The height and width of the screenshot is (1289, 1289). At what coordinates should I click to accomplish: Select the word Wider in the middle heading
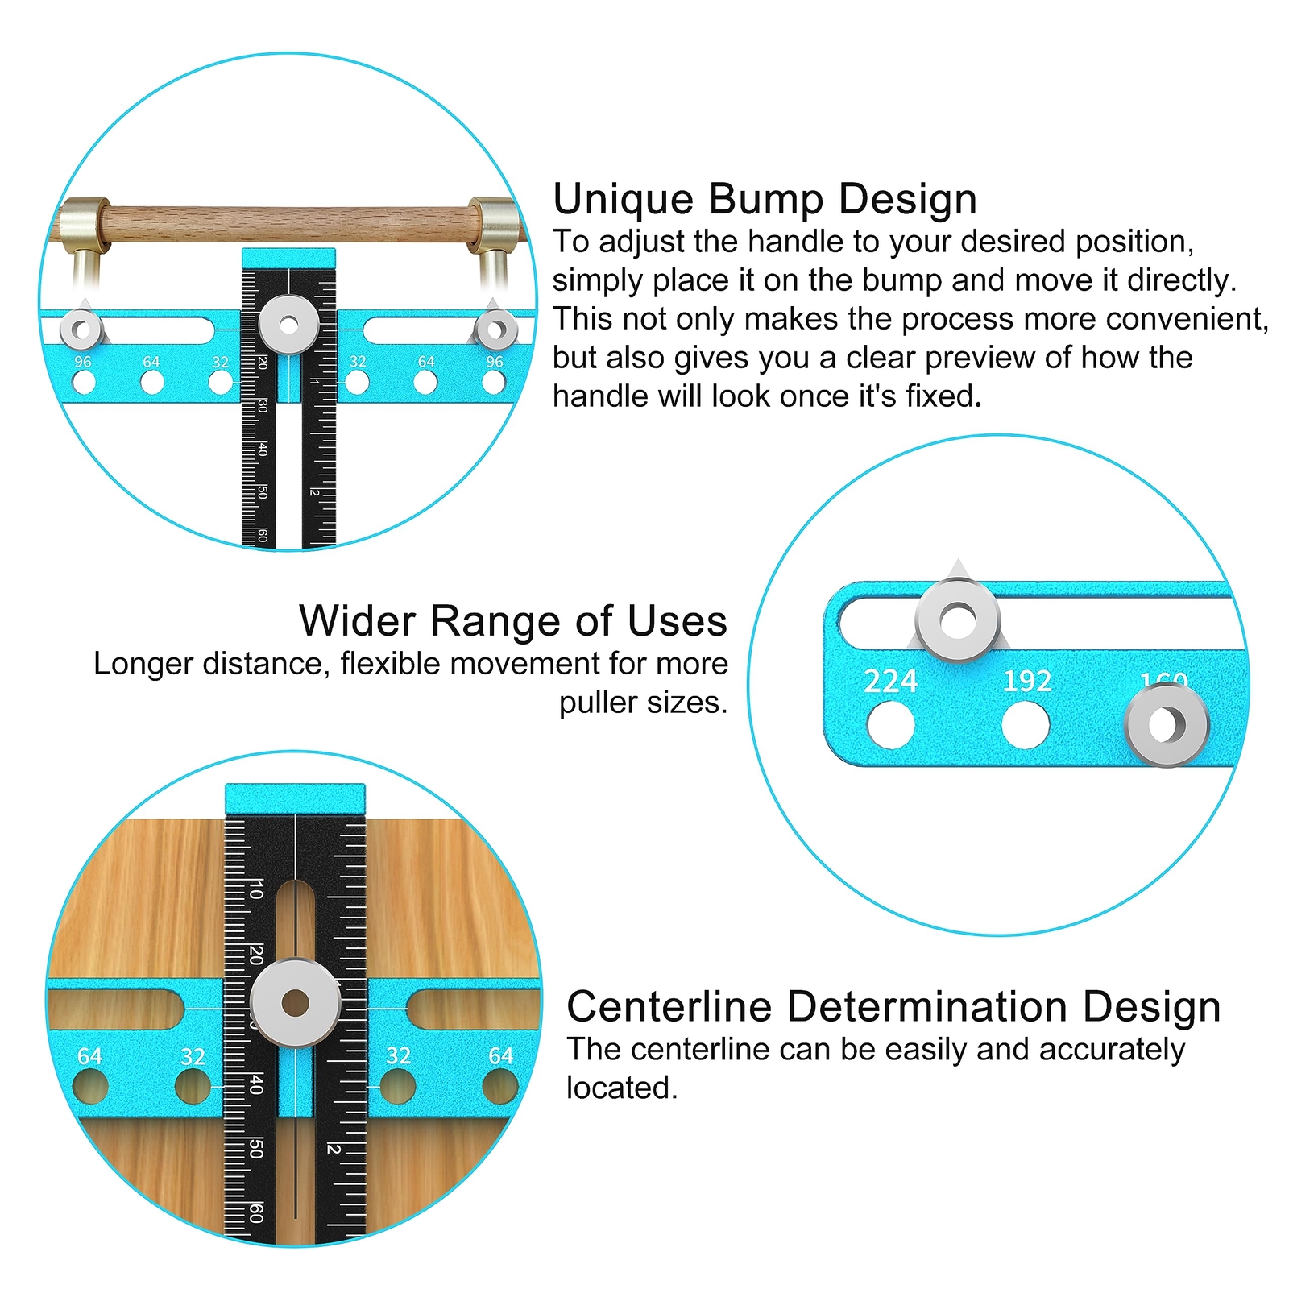357,621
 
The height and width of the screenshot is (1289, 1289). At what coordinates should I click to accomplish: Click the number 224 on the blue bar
890,682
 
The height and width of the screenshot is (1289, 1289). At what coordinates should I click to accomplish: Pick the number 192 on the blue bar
1026,682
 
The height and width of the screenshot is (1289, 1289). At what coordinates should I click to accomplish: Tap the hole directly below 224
890,725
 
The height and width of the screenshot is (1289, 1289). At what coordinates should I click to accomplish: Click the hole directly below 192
1026,725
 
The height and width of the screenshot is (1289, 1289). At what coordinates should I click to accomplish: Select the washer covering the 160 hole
1166,724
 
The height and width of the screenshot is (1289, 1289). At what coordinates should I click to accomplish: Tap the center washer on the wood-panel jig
296,1003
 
